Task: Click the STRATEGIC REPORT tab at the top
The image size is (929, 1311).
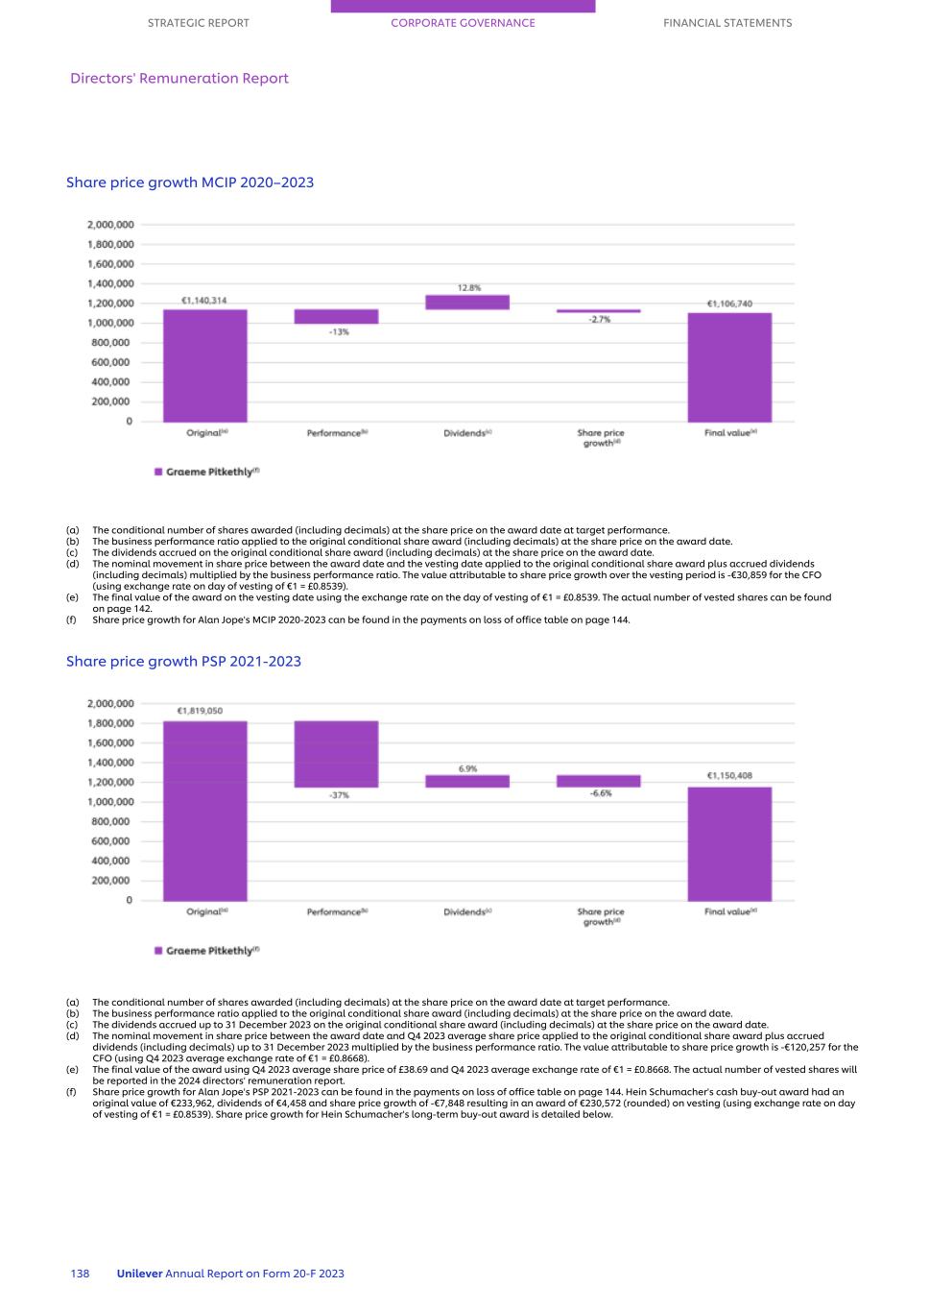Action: (198, 23)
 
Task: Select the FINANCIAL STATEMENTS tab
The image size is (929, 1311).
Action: (727, 23)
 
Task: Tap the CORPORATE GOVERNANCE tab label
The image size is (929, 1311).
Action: (463, 23)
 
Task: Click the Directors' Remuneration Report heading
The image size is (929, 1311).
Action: (179, 79)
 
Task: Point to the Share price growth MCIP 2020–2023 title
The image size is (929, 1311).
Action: (190, 182)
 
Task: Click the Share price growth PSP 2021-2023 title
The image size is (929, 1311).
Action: (183, 661)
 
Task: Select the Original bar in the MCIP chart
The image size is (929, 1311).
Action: (204, 366)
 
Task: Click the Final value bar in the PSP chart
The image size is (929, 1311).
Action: (729, 844)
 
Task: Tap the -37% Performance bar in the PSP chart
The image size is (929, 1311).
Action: (336, 754)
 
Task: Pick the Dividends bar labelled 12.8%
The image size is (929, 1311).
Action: (467, 302)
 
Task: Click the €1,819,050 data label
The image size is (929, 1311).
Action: (200, 711)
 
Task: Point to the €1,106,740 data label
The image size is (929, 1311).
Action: (729, 303)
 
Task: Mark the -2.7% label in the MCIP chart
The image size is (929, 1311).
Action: (599, 320)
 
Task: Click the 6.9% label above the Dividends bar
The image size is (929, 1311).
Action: (467, 768)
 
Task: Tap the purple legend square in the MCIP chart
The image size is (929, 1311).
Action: (158, 473)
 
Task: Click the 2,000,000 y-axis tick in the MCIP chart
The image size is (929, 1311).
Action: (110, 225)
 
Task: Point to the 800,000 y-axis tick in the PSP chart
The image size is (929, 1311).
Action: (112, 821)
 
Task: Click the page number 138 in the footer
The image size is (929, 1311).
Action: (80, 1274)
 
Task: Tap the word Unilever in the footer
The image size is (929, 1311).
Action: (139, 1274)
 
